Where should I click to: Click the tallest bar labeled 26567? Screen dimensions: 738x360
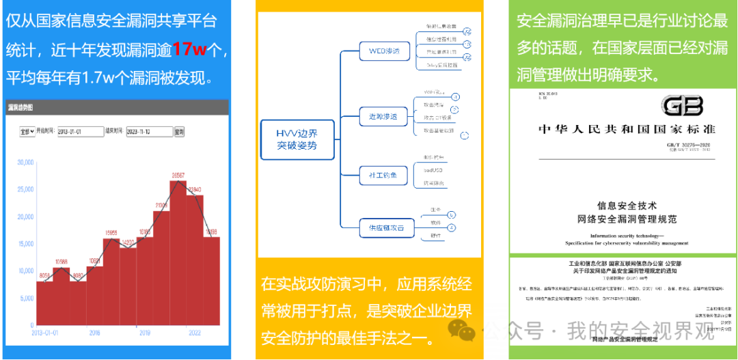178,253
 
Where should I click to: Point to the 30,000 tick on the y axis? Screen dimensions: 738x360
25,163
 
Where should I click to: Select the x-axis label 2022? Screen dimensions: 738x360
194,333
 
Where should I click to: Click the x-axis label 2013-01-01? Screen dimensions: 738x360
46,333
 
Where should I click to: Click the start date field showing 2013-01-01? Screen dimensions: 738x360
80,131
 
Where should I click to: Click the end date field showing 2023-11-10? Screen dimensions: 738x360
150,131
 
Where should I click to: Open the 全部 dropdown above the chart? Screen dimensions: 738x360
27,131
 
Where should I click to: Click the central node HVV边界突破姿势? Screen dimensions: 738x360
297,139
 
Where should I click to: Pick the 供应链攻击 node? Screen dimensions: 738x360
382,228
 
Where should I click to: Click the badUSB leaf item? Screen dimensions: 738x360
435,169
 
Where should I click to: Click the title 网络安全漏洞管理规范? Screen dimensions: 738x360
627,219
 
